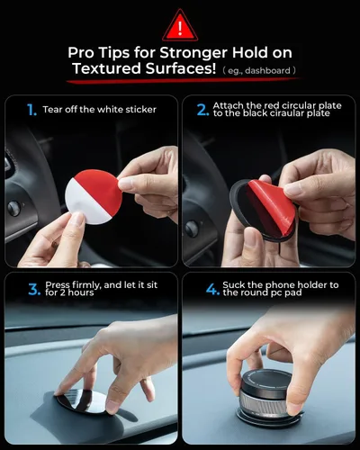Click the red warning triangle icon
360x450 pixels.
point(180,27)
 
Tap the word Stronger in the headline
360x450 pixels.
point(193,53)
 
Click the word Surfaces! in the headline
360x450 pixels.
point(181,68)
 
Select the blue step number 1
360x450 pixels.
point(31,110)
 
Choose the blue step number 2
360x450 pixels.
point(202,110)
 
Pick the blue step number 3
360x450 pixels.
point(34,290)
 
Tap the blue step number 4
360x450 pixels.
point(213,290)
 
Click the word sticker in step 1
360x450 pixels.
point(141,110)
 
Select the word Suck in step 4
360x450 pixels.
point(232,285)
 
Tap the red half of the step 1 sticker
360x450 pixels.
point(101,187)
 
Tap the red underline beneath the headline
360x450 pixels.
point(184,81)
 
